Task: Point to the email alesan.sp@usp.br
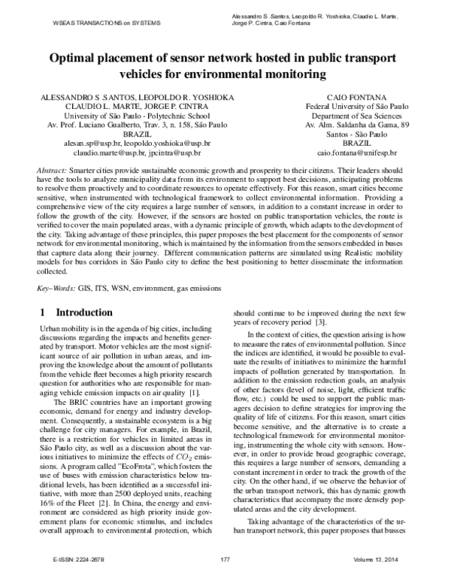[84, 142]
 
